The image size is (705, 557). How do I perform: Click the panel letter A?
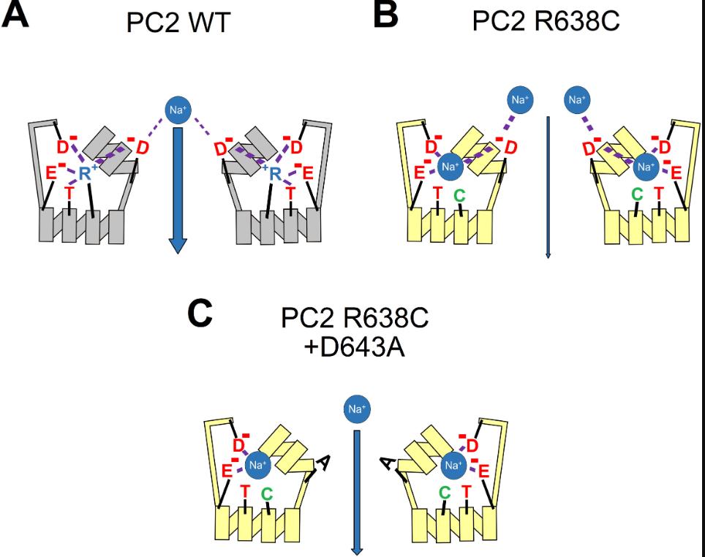15,14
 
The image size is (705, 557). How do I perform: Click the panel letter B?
385,15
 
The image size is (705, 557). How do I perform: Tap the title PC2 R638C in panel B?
546,21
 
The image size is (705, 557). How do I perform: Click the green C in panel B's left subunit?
458,194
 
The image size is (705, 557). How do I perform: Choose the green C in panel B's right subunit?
636,194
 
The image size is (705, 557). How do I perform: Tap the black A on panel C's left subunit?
321,463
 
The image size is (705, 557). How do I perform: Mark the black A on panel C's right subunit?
388,463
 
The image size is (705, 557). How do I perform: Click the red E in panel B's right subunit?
676,173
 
